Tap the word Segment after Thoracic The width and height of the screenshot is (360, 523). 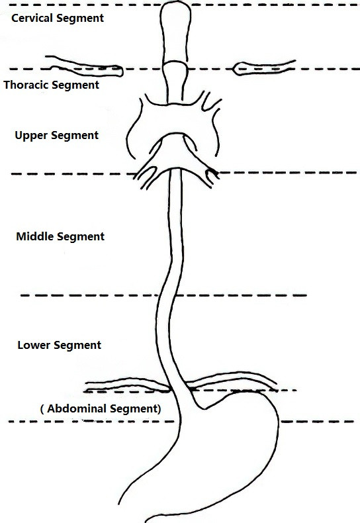point(75,85)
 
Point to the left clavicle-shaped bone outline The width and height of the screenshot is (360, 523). point(85,66)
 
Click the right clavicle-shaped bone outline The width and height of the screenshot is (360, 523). point(263,68)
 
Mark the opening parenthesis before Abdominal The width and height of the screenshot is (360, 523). point(42,409)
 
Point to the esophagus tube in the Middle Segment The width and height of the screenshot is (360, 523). point(175,234)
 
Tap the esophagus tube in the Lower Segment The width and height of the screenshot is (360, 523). point(165,340)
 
